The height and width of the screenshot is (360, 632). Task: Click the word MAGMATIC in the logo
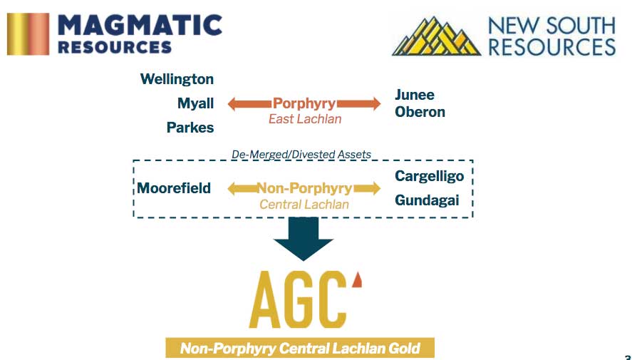[x=140, y=26]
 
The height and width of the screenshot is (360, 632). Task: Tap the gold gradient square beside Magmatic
[x=29, y=34]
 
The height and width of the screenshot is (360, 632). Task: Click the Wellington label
[x=177, y=79]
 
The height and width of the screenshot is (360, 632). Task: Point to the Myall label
[x=195, y=103]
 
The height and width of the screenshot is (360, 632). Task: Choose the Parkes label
[x=190, y=128]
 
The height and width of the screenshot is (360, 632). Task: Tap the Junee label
[x=415, y=95]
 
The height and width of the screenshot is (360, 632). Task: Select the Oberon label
[x=420, y=112]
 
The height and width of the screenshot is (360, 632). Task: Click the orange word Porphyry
[x=304, y=103]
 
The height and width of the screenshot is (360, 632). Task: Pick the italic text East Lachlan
[x=305, y=119]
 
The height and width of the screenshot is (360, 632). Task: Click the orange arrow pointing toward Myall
[x=250, y=104]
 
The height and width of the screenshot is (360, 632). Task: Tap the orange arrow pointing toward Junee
[x=358, y=104]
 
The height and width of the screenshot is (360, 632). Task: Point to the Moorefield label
[x=174, y=188]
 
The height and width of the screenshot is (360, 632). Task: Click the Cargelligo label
[x=429, y=176]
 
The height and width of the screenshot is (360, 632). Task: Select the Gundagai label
[x=427, y=200]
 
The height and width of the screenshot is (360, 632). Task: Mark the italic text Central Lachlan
[x=304, y=205]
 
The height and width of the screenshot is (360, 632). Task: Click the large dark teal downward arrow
[x=304, y=239]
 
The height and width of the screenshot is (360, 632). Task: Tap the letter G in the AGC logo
[x=300, y=299]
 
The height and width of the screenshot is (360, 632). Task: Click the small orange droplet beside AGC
[x=357, y=280]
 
